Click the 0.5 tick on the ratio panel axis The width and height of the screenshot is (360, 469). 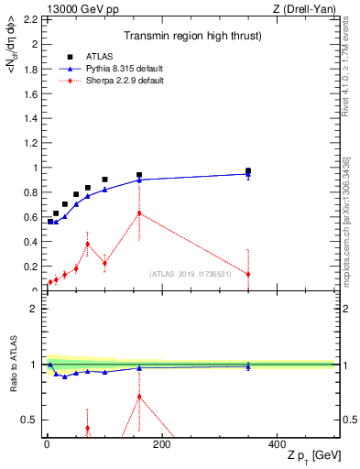tap(30, 420)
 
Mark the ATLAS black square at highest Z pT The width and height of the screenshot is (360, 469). tap(248, 170)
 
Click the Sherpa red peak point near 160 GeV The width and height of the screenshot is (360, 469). tap(139, 213)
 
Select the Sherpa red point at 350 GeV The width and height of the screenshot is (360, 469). tap(248, 274)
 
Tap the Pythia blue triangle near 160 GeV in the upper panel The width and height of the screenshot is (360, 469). tap(139, 180)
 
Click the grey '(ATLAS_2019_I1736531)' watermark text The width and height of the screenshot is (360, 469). tap(197, 273)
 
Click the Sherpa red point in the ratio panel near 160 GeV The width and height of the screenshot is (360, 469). tap(139, 396)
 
